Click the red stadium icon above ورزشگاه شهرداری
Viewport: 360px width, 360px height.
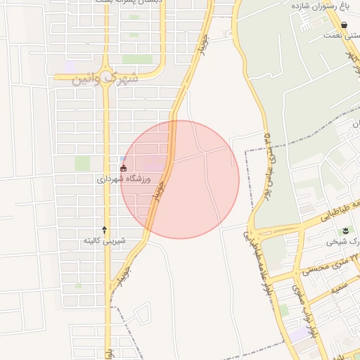(124, 169)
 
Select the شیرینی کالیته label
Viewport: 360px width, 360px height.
(104, 240)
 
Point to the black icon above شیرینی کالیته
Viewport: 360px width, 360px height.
(105, 229)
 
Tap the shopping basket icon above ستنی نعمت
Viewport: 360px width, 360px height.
(343, 25)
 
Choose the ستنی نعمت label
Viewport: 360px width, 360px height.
(341, 34)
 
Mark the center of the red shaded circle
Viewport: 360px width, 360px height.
(180, 179)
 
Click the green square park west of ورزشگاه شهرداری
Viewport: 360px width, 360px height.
(82, 163)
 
